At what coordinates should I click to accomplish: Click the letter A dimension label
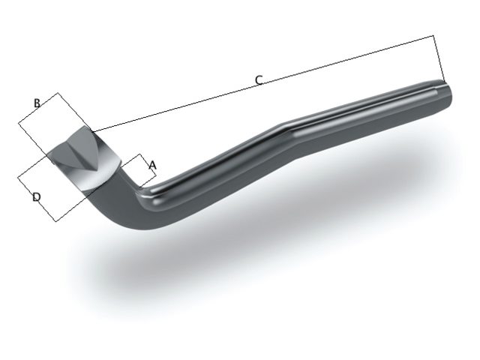(x=152, y=163)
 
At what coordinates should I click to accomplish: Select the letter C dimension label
(x=258, y=79)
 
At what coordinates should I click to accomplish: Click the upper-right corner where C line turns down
(x=434, y=35)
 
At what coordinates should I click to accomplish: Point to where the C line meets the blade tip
(x=94, y=131)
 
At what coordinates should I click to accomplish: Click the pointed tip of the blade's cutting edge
(x=93, y=133)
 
